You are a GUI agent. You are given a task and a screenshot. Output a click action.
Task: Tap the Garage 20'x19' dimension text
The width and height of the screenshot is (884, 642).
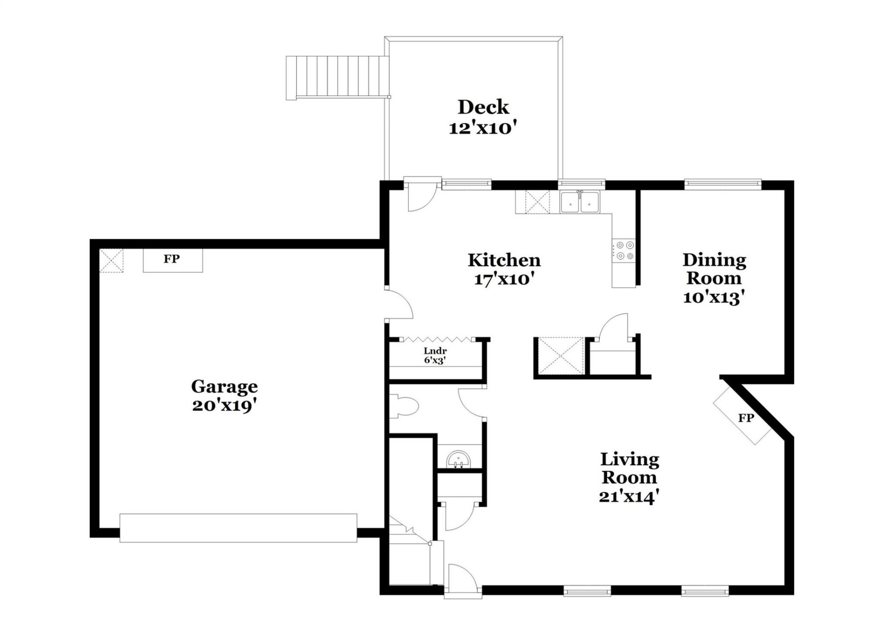pos(224,405)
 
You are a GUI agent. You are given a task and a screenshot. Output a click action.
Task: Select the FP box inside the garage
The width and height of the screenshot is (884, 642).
pos(172,260)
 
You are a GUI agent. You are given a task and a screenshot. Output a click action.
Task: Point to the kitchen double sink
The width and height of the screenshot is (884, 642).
pos(579,202)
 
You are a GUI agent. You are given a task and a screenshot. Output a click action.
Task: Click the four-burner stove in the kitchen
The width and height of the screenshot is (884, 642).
pos(624,251)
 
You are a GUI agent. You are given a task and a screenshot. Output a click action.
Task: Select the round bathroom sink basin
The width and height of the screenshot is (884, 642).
pos(459,460)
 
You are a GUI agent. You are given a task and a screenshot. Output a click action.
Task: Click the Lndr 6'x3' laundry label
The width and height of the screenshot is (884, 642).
pos(435,356)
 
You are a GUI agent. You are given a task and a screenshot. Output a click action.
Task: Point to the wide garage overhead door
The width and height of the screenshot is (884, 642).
pos(238,528)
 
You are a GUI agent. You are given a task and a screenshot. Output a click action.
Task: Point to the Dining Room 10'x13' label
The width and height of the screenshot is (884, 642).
pos(714,278)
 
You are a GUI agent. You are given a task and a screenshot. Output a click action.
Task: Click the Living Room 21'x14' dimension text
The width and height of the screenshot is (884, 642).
pos(629,497)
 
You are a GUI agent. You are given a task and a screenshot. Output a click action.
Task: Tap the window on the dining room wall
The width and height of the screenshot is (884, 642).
pos(722,184)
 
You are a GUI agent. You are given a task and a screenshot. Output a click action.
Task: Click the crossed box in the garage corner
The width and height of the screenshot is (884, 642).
pos(111,260)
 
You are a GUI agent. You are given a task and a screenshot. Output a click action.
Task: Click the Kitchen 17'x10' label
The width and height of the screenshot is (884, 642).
pos(504,269)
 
